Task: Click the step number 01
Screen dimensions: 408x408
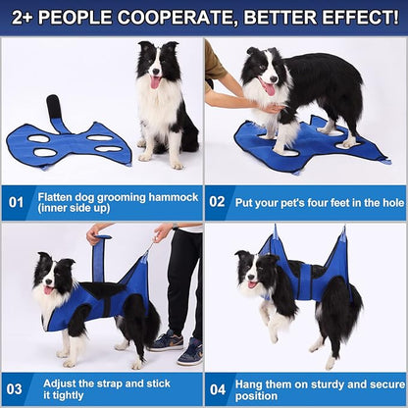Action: [x=16, y=202]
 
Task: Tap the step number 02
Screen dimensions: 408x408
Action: [x=217, y=202]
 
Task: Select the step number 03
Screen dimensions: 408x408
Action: [x=15, y=389]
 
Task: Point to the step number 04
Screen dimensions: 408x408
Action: [x=218, y=389]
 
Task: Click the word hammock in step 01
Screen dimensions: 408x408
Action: [x=174, y=197]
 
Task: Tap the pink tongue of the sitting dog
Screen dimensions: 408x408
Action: [x=156, y=82]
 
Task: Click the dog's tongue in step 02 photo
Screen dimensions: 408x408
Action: [x=270, y=89]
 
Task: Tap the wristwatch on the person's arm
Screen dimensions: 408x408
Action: [x=175, y=227]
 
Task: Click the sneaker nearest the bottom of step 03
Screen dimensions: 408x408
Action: [x=190, y=352]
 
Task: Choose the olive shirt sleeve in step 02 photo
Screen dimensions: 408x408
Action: [x=214, y=62]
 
